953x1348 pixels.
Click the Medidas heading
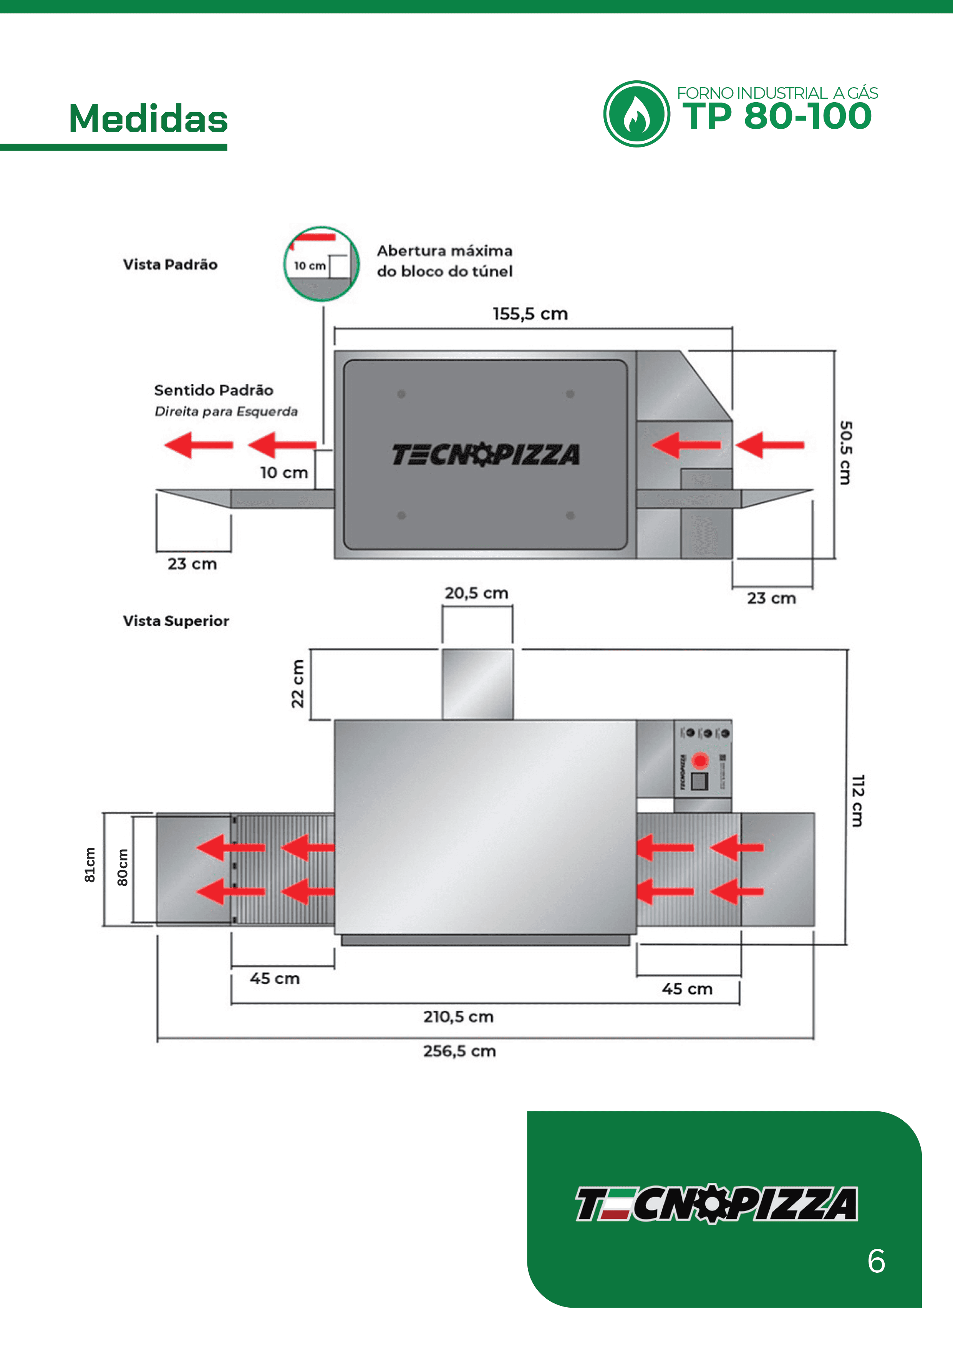point(148,119)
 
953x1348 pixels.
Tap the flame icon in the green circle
point(636,114)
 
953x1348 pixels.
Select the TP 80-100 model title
point(777,116)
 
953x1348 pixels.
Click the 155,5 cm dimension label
point(530,314)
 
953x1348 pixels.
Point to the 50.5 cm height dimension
point(845,453)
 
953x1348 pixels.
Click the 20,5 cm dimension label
point(476,593)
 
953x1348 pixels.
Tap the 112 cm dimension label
point(858,801)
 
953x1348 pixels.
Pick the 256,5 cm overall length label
point(459,1051)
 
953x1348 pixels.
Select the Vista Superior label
point(176,621)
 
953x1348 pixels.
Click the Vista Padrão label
point(170,264)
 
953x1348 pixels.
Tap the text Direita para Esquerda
point(226,411)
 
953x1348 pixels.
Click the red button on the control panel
point(700,761)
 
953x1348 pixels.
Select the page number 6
point(876,1261)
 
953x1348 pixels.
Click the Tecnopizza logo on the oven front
point(486,455)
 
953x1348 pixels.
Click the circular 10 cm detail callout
point(322,264)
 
